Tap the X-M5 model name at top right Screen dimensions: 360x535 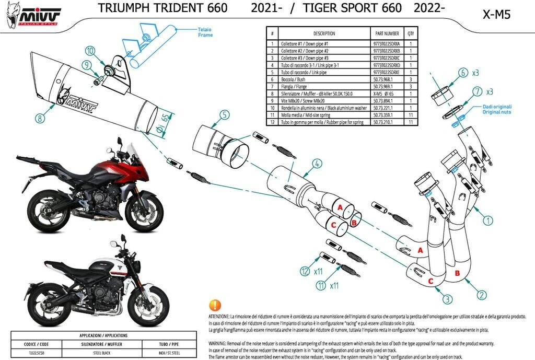tap(496, 14)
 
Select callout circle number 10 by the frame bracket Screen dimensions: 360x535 tap(90, 51)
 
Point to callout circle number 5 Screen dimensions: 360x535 tap(224, 115)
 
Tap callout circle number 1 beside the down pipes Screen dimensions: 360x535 tap(487, 220)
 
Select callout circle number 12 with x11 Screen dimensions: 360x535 tap(305, 271)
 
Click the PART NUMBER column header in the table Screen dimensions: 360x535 tap(387, 33)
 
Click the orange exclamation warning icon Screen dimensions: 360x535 tap(214, 305)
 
